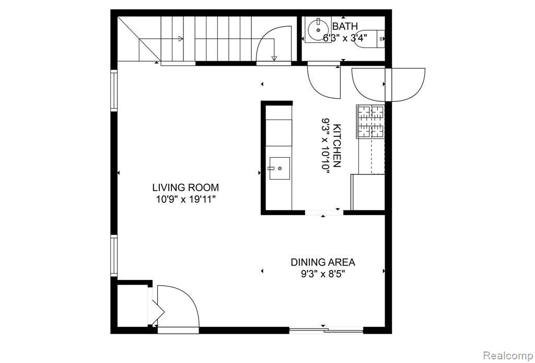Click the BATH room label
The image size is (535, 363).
coord(345,26)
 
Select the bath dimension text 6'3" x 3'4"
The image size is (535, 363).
coord(345,38)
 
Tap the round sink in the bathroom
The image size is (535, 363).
coord(318,30)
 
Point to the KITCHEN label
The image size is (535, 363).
coord(338,146)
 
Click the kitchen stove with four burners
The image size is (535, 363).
coord(370,121)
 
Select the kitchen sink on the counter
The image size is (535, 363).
coord(280,168)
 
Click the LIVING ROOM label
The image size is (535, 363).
coord(185,188)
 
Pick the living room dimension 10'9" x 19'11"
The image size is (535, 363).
coord(185,199)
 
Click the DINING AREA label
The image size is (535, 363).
coord(323,262)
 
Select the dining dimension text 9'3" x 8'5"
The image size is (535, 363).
coord(323,274)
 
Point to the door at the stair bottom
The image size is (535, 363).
coord(272,44)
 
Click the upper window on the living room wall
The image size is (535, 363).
coord(113,90)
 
